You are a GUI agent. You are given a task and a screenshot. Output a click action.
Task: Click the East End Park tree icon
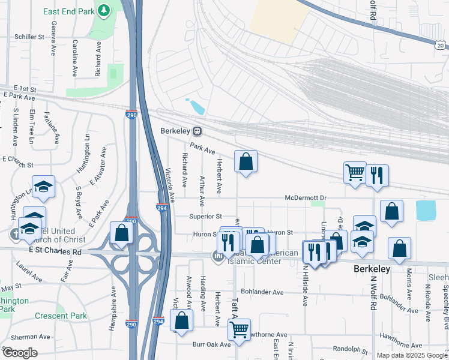click(104, 10)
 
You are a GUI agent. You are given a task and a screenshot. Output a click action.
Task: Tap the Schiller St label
click(29, 37)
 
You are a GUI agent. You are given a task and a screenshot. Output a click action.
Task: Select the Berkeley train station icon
click(197, 131)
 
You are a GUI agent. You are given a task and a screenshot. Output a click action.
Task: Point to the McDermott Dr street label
click(306, 197)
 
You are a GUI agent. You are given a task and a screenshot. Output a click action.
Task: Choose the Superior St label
click(206, 216)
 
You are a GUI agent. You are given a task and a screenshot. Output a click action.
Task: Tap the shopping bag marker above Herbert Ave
click(246, 161)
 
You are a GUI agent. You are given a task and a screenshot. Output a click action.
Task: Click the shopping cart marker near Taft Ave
click(240, 329)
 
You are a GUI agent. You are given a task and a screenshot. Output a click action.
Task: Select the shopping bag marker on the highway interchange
click(121, 233)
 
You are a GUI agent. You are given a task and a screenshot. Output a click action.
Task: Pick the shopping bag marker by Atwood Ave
click(182, 320)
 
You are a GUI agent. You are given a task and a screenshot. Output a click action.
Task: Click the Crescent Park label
click(61, 316)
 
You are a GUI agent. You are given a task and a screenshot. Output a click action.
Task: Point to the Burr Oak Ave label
click(211, 344)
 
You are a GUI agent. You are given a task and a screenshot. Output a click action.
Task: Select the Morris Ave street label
click(409, 283)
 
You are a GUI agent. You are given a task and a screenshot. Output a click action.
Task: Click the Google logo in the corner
click(19, 352)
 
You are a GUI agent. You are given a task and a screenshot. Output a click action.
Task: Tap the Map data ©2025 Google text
click(412, 355)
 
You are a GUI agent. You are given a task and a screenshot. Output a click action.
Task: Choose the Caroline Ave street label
click(75, 58)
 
